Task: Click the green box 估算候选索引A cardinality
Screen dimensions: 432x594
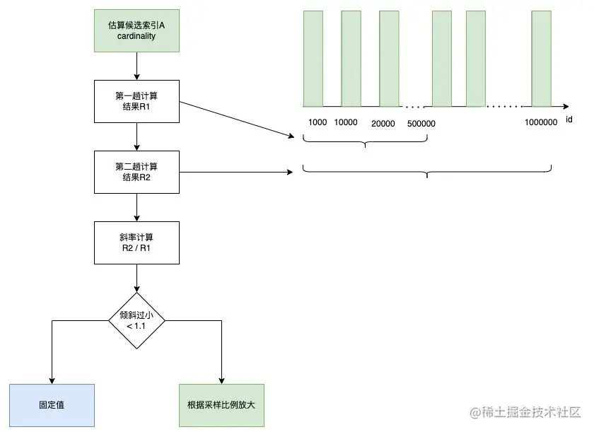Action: click(136, 31)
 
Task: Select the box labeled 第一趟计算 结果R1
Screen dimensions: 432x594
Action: click(136, 100)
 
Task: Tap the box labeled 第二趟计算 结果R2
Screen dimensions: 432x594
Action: click(136, 172)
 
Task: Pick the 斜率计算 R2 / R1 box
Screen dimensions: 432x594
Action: click(136, 243)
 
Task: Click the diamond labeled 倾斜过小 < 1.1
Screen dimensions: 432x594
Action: click(136, 320)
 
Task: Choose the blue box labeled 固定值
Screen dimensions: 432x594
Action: click(52, 405)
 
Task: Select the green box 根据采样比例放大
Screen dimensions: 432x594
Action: click(221, 405)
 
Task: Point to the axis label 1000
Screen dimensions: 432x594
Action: click(318, 122)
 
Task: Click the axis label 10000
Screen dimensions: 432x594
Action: click(346, 122)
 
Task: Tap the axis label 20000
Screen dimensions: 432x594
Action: click(383, 124)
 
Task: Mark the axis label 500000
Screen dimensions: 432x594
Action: click(421, 124)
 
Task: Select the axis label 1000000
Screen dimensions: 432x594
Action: click(542, 122)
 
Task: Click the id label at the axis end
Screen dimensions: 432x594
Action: click(569, 119)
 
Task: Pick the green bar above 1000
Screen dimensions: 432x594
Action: click(313, 58)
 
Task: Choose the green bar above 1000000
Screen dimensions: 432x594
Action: click(542, 58)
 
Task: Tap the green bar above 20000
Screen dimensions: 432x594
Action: click(389, 58)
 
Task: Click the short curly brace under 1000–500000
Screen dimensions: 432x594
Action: click(365, 141)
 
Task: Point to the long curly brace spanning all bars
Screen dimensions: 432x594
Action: click(427, 171)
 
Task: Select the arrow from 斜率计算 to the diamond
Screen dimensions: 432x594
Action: click(136, 278)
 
